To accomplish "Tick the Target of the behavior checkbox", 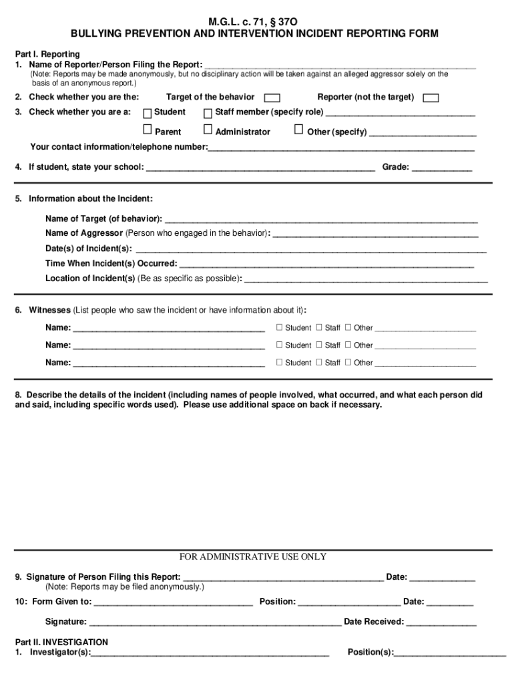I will click(272, 98).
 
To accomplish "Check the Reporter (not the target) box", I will click(431, 98).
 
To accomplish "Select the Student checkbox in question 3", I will click(148, 113).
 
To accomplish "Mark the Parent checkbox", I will click(148, 130).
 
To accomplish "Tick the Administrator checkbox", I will click(208, 130).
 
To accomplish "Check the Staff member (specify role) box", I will click(208, 113).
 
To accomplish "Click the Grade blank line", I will click(441, 168).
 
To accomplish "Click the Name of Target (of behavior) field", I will click(320, 220).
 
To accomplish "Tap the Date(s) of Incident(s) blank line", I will click(311, 249).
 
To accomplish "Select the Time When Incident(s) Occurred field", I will click(326, 265).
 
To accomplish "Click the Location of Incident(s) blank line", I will click(366, 280).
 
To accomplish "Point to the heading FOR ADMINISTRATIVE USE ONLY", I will click(253, 557).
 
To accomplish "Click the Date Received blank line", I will click(441, 623).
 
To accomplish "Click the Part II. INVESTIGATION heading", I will click(61, 643).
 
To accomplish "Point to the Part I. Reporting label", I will click(47, 54).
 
